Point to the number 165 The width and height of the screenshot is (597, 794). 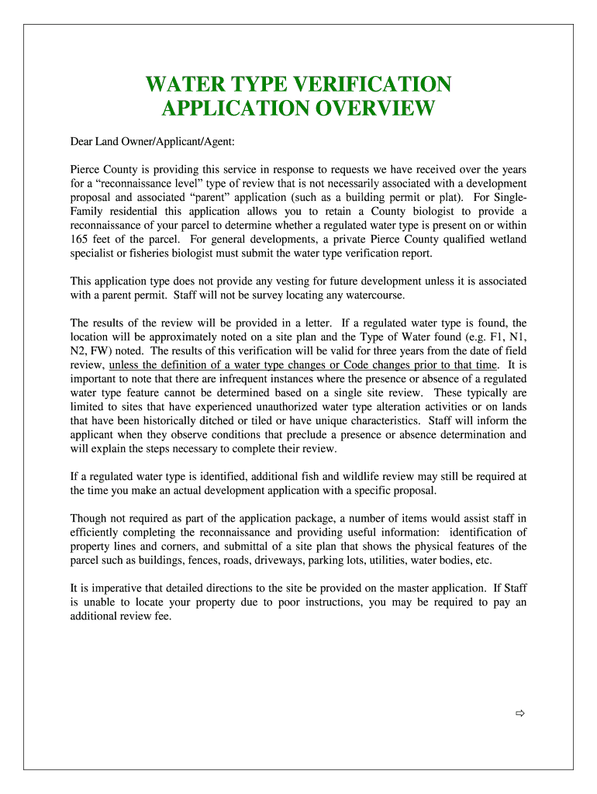[x=81, y=239]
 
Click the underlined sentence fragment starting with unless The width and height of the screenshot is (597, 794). [x=303, y=364]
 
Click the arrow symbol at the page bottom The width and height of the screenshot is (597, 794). [x=521, y=713]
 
